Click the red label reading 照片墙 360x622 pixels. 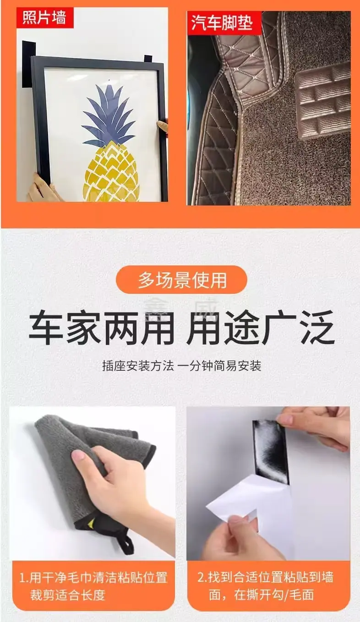coord(45,18)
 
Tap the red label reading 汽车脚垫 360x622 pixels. coord(224,23)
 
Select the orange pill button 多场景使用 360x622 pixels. coord(182,280)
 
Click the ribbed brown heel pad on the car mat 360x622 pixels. coord(323,101)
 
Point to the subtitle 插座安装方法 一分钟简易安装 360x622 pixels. coord(182,366)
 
